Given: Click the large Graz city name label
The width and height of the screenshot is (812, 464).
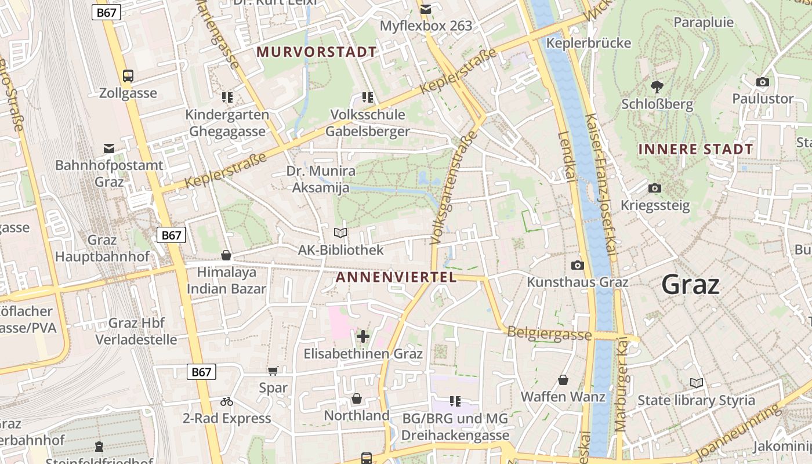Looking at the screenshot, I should pos(690,285).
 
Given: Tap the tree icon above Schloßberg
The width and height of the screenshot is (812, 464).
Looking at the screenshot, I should pos(657,87).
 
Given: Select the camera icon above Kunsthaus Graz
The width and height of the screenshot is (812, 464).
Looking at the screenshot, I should pos(578,265).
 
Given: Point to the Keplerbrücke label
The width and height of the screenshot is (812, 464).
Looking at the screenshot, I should pos(589,43).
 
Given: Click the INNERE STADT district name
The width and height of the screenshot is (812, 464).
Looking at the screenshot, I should pos(695,149).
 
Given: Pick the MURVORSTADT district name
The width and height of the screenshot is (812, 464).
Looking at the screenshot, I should pos(317,52).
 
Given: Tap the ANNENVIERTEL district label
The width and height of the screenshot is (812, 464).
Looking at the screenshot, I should pos(396,277).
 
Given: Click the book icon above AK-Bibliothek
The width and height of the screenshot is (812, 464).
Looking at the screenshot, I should pos(340,233).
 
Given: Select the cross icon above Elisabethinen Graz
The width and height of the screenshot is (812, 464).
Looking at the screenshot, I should pos(363,336).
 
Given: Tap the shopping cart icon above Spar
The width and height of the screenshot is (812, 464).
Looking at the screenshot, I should pos(273,371).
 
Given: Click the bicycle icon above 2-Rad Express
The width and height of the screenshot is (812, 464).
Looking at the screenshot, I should pos(227,401).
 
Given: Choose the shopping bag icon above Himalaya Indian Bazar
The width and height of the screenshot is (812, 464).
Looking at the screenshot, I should pos(226,255).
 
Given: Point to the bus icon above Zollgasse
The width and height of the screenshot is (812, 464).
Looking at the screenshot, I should pos(128,76).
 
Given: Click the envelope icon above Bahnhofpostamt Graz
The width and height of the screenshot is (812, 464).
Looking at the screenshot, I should pos(109,148).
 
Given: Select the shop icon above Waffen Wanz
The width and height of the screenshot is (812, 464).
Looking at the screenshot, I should pos(563,380).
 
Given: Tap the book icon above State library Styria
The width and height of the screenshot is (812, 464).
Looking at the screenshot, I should pos(697,383).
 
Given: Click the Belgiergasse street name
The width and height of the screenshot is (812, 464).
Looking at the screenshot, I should pos(549,333).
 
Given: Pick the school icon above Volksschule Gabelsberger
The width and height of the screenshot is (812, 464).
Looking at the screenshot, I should pos(367,97).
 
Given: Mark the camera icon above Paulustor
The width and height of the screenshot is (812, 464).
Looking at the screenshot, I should pos(763,82).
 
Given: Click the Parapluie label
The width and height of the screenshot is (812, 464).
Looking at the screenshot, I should pos(704,23).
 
